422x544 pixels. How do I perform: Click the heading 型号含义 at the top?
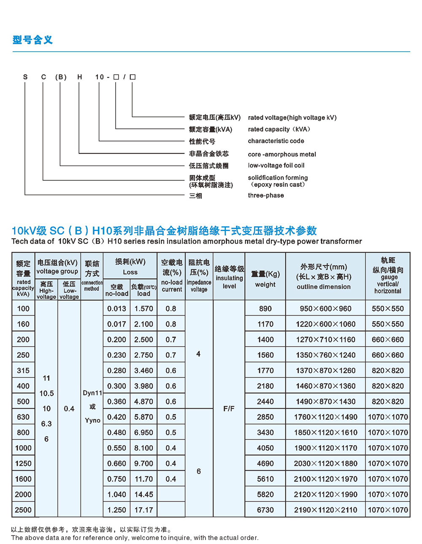coord(32,40)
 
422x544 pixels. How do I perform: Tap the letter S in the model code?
coord(25,77)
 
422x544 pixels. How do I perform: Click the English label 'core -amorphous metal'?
coord(281,154)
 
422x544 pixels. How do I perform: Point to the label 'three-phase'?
coord(265,195)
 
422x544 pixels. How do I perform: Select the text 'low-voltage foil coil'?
coord(276,165)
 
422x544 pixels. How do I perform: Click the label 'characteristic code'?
coord(276,141)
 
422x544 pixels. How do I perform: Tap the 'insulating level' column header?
coord(229,277)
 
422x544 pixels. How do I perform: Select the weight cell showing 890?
coord(265,308)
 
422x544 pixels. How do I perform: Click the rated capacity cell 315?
coord(23,370)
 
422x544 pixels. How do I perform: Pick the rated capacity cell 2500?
coord(23,510)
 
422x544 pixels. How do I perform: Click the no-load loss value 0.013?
coord(116,308)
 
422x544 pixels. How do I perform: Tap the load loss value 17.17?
coord(143,510)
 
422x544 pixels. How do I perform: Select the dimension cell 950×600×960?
coord(325,308)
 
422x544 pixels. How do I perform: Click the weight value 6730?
coord(265,510)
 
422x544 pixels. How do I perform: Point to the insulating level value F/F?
coord(229,409)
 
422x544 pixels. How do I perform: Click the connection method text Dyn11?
coord(92,393)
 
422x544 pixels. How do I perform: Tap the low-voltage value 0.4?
coord(69,409)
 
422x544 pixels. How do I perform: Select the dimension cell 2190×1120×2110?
coord(325,510)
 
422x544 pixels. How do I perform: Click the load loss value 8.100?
coord(143,448)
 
